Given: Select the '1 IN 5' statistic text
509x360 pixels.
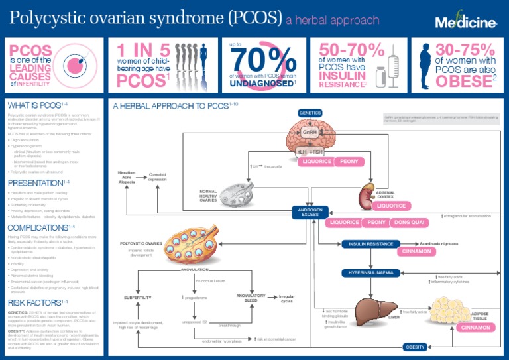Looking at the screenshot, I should (143, 50).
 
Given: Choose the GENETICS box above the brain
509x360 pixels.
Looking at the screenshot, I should (310, 113).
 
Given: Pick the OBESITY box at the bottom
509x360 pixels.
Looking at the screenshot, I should (415, 347).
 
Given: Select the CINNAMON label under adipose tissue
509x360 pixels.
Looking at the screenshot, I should (475, 328).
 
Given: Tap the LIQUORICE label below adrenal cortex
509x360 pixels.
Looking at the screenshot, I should (392, 206).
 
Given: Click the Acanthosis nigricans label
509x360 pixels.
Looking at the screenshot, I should (443, 244).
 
